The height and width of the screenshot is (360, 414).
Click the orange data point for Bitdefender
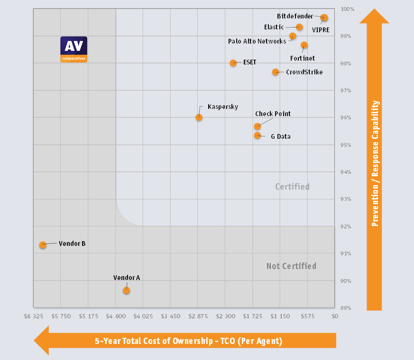[x=324, y=18]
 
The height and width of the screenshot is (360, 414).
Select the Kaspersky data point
[x=199, y=117]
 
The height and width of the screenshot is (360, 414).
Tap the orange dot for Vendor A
[x=126, y=290]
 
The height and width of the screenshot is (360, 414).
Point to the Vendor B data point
[x=43, y=245]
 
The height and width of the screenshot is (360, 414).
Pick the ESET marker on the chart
[x=233, y=63]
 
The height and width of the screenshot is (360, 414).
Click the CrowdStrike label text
[x=304, y=72]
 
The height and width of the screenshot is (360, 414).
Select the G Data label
[x=280, y=136]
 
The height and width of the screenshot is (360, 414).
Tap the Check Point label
[x=273, y=114]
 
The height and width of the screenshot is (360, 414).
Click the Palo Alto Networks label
[x=257, y=41]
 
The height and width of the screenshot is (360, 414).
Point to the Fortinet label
[x=302, y=58]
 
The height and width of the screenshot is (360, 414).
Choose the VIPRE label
[x=321, y=29]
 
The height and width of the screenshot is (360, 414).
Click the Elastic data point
[x=299, y=27]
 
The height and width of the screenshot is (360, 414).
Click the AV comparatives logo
[x=74, y=49]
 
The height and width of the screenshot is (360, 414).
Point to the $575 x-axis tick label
[x=308, y=315]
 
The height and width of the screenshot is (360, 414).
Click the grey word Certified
[x=292, y=187]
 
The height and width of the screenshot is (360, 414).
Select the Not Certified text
[x=291, y=266]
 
